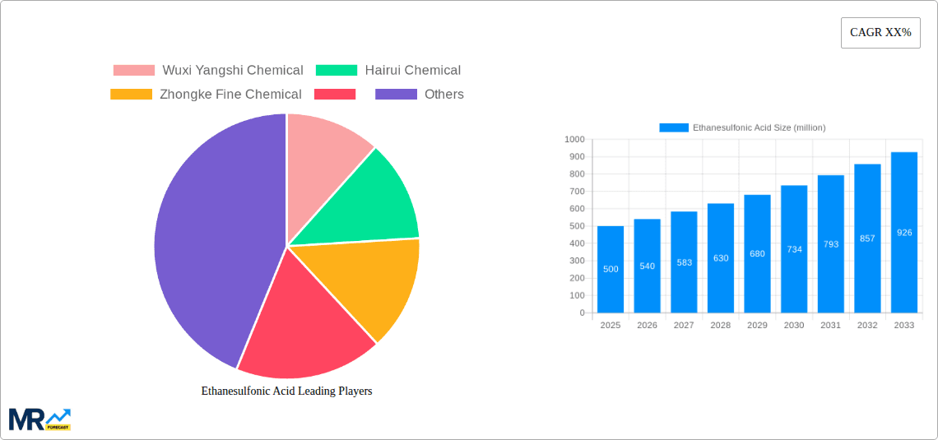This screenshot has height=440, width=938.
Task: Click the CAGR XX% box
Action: [880, 33]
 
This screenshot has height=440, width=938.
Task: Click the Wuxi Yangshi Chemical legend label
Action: [233, 71]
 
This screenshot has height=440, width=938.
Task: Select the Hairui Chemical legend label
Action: [412, 71]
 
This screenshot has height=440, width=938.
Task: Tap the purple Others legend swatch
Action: [396, 95]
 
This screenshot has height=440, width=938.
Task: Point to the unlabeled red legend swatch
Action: [335, 95]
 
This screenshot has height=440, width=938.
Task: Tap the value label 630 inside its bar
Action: [721, 258]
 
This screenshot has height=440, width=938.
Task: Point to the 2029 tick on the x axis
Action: [757, 326]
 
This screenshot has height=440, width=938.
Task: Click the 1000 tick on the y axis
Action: [574, 140]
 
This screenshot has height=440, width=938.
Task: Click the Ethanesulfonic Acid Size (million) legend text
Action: [759, 127]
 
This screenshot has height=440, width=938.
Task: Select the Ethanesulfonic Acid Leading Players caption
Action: [286, 391]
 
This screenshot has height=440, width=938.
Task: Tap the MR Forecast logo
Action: [39, 419]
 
